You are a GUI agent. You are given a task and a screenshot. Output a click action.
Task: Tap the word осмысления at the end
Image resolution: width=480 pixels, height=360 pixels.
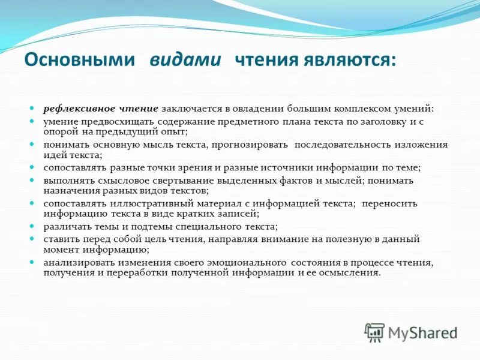351,272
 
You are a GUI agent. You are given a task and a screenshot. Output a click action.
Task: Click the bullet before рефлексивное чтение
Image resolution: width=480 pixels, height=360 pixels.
34,109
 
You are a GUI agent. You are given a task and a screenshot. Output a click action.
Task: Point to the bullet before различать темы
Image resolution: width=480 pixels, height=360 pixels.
34,226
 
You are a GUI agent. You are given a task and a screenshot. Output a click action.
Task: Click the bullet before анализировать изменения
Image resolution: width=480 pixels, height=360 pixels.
34,262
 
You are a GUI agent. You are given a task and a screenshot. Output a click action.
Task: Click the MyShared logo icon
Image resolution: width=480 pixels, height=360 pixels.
375,332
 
